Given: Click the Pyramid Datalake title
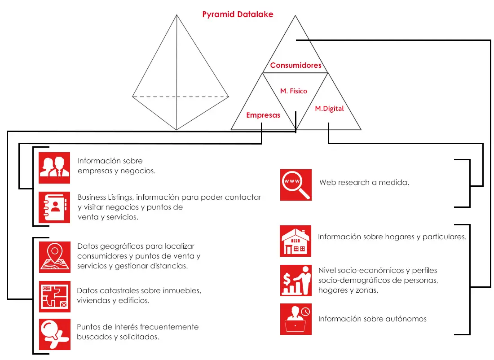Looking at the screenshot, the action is pos(238,14).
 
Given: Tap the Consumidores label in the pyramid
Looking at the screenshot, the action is pos(296,65).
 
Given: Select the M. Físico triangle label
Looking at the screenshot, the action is pos(294,91).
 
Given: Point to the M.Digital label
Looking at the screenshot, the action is pos(330,109).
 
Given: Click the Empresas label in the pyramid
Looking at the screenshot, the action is pos(263,115).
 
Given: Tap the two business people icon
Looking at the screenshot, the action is pos(54,168).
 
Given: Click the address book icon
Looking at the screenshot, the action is pos(54,207).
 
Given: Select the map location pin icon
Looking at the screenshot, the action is pos(55,257).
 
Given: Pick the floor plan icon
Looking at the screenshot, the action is pos(55,296).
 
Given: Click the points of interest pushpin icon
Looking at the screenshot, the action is pos(55,334).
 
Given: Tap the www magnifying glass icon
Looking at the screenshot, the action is pos(296,185).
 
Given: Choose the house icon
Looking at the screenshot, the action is pos(296,241).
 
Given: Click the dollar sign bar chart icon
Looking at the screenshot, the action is pos(296,280).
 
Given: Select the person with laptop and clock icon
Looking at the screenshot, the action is pos(296,319).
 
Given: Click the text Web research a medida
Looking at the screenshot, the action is pos(364,183).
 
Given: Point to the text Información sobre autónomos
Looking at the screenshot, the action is pos(372,319).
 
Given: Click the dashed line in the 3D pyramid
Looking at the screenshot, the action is pos(181,97).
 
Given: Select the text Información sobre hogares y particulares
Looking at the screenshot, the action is pos(392,237).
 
